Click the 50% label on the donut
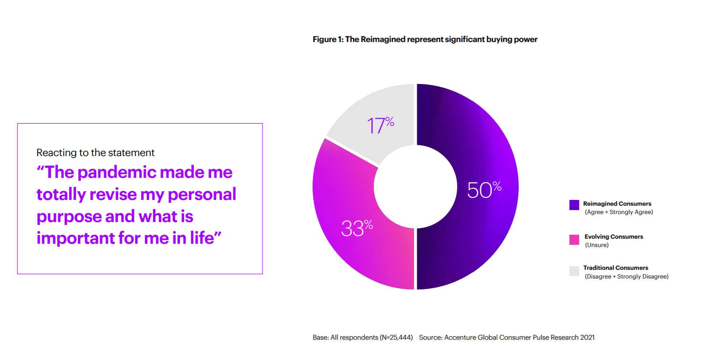(484, 189)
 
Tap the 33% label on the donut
(357, 228)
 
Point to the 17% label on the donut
(381, 125)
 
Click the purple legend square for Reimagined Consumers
(574, 205)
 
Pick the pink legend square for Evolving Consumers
(574, 240)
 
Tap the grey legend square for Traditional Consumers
(574, 271)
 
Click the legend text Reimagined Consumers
(617, 204)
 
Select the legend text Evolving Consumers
(614, 236)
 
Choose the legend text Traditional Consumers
(616, 268)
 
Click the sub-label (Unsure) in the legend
(597, 245)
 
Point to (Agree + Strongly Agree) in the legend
(619, 212)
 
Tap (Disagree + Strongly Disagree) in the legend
(626, 277)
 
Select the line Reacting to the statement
(95, 153)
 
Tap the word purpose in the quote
(68, 217)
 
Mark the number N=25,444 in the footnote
(396, 338)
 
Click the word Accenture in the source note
(460, 338)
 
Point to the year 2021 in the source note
(587, 338)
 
